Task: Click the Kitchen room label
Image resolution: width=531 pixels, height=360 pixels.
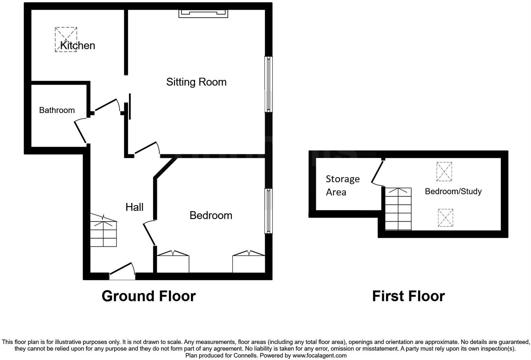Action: click(78, 45)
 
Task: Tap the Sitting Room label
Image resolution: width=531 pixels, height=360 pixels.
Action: click(196, 82)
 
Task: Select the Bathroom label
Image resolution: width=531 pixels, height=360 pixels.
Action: click(57, 110)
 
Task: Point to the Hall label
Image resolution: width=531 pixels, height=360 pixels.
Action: click(134, 207)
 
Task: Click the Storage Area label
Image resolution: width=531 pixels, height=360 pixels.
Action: click(342, 185)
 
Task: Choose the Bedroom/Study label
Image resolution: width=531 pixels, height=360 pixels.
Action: click(453, 191)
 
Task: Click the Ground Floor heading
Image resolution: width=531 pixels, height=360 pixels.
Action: click(149, 296)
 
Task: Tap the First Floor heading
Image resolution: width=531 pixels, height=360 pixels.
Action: click(408, 296)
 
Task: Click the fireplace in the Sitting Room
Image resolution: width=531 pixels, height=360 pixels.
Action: click(203, 14)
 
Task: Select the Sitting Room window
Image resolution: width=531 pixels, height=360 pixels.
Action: click(268, 84)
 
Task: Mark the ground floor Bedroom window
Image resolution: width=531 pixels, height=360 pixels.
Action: click(268, 211)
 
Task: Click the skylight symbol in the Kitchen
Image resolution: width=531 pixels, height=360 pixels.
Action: click(66, 39)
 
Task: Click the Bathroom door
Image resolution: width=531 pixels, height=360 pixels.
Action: click(80, 131)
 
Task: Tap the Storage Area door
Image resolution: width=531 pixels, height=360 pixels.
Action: click(377, 172)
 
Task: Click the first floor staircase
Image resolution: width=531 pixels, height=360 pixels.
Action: click(398, 209)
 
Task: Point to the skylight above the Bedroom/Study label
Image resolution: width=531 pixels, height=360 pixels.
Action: click(444, 171)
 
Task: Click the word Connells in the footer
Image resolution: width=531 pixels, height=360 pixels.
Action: click(245, 355)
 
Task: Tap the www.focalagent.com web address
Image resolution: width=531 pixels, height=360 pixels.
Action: click(319, 355)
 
